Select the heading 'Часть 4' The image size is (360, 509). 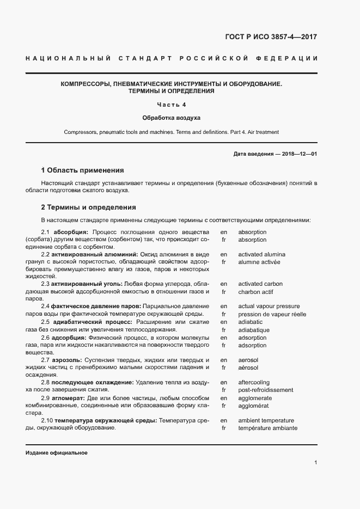[172, 105]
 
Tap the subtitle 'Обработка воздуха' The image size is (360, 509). [172, 118]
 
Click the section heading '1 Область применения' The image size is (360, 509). [83, 170]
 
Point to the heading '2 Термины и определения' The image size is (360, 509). [88, 207]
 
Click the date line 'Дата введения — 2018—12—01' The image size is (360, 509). [275, 154]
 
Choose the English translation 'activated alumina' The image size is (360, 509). [261, 254]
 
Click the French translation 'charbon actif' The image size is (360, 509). [256, 291]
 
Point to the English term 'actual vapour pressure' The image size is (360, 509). [269, 306]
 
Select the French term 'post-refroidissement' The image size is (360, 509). [265, 390]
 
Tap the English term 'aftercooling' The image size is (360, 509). [254, 383]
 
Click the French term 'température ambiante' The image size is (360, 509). [267, 428]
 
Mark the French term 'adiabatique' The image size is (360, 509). [254, 330]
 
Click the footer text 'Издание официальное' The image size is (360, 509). [56, 453]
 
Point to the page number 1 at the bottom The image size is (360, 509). [315, 463]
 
